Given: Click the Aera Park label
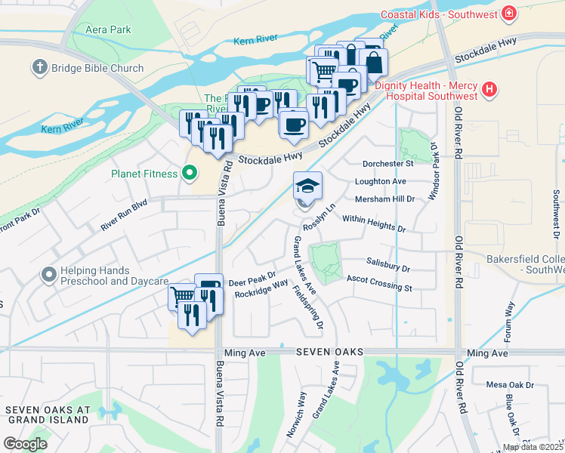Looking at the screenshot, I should point(109,29).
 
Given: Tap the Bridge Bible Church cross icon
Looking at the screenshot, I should point(39,68).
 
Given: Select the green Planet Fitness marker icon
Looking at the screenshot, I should point(189,173).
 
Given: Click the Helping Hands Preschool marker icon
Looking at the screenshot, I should point(50,276).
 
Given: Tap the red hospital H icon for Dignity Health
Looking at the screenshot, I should point(490,90).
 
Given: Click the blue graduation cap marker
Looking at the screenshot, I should point(307,186).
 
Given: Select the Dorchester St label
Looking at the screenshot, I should point(388,163).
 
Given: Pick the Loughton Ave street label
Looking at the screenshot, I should point(381,181).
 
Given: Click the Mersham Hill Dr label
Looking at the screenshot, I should point(385,199).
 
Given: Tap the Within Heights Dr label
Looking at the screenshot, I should point(374,223).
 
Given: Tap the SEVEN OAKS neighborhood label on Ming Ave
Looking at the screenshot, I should point(329,353).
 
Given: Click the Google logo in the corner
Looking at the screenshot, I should point(25,443).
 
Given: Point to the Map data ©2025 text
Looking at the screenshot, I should point(533,447).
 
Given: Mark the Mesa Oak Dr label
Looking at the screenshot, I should point(509,385).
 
